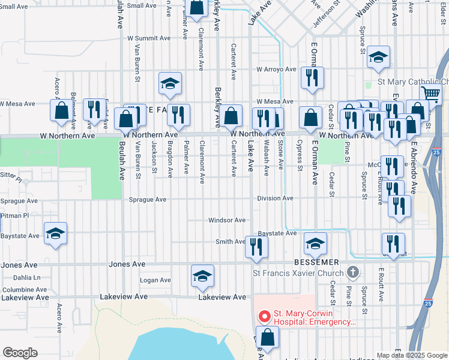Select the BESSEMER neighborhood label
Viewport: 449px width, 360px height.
316,263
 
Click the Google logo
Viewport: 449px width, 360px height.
20,353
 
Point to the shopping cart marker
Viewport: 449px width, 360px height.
430,94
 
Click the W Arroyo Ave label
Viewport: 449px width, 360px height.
276,69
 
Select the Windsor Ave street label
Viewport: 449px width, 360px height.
227,220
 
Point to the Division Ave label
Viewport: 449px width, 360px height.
275,198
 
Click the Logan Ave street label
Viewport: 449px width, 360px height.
155,280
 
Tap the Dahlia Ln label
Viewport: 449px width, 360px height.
26,277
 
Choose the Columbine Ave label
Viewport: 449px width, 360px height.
25,289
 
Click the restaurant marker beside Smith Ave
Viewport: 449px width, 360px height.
256,246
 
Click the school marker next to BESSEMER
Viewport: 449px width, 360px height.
315,242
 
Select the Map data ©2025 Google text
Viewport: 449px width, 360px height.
412,355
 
